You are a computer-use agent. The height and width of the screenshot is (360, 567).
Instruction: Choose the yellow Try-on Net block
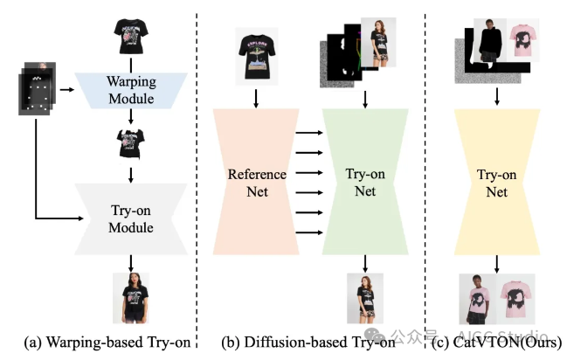496,182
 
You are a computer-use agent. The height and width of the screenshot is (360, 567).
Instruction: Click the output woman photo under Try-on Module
130,298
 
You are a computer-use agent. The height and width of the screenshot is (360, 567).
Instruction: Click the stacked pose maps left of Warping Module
36,88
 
